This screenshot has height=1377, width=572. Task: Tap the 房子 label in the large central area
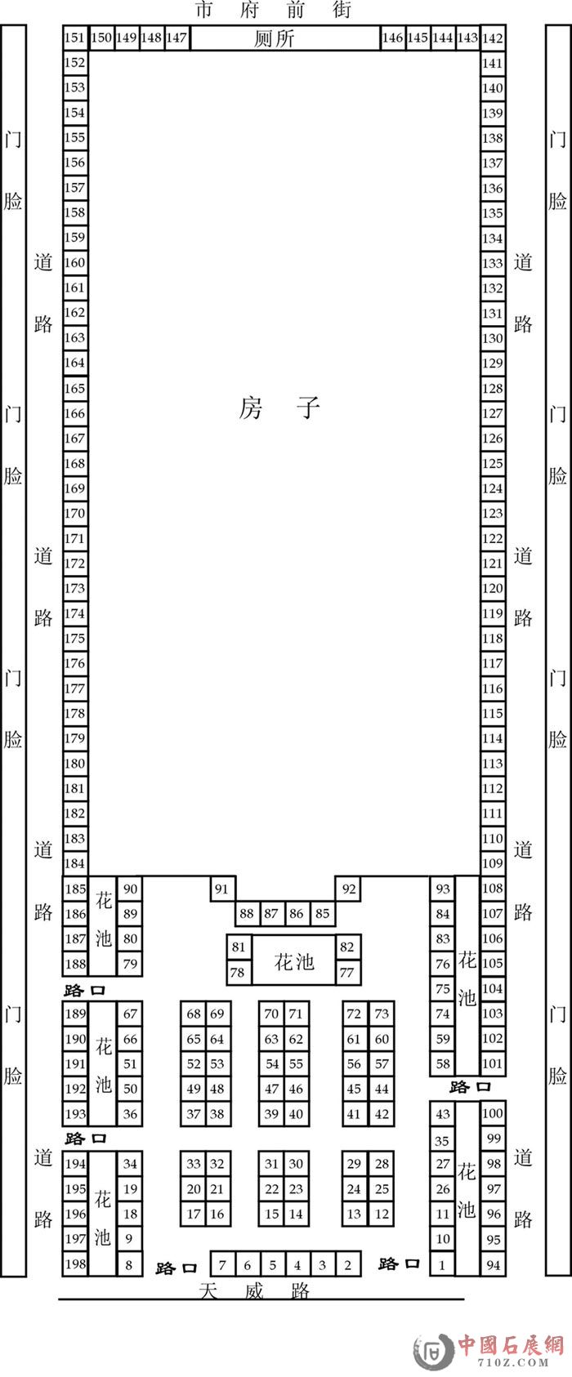tap(279, 408)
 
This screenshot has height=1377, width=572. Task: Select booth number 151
tap(75, 38)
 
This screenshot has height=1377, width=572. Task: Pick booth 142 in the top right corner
tap(492, 38)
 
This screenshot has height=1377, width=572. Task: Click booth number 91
tap(222, 889)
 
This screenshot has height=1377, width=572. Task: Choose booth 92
tap(348, 889)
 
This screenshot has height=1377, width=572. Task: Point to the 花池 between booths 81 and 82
tap(294, 960)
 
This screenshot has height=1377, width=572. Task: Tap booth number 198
tap(76, 1263)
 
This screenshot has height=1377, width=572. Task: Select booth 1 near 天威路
tap(442, 1264)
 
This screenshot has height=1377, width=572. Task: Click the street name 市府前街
tap(274, 10)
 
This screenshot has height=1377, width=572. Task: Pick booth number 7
tap(222, 1264)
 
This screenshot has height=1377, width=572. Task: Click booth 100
tap(493, 1113)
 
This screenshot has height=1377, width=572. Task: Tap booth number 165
tap(75, 389)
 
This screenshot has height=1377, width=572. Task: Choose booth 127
tap(492, 414)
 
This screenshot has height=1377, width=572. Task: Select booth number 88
tap(248, 913)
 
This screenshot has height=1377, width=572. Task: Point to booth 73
tap(382, 1014)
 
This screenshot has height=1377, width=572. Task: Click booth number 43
tap(443, 1113)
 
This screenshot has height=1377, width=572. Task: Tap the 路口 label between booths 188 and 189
tap(85, 991)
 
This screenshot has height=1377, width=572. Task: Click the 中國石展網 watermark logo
tap(489, 1351)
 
